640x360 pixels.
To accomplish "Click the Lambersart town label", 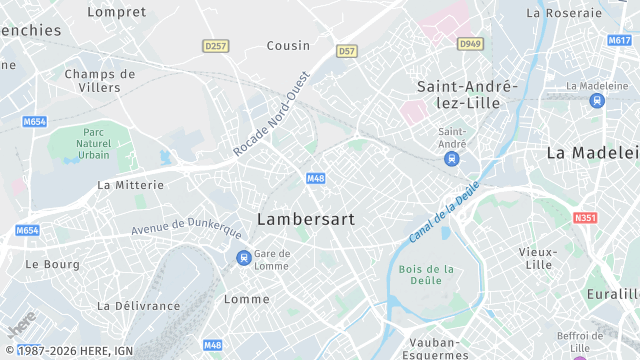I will tap(306, 218).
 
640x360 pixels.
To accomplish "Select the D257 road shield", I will tap(215, 46).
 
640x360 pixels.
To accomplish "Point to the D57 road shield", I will tap(347, 50).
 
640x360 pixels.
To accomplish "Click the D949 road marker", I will tap(469, 44).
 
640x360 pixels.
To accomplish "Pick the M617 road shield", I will tap(619, 41).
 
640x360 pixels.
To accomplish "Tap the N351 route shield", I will tap(586, 217).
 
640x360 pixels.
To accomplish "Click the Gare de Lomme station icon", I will tap(243, 258).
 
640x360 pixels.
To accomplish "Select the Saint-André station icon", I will tap(453, 157).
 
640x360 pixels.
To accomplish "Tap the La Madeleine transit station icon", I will tap(598, 100).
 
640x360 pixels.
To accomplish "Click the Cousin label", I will tap(288, 46).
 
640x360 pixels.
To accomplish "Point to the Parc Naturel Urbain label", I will tap(95, 143).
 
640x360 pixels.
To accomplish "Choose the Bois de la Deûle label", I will tap(426, 275).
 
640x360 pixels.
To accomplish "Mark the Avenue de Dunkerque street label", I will tap(187, 226).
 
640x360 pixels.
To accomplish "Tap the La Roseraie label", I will tap(564, 13).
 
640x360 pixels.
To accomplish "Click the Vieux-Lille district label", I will tap(538, 258).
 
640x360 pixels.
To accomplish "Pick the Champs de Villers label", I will tap(99, 80).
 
